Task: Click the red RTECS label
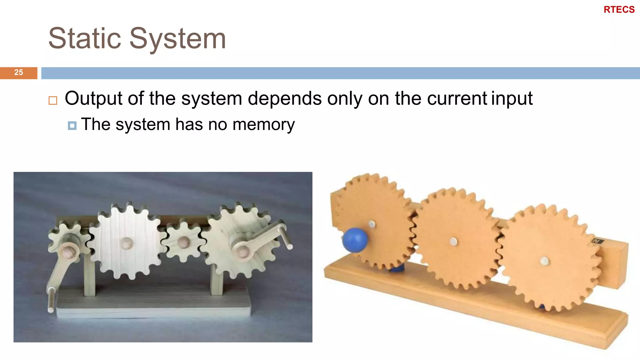click(x=619, y=10)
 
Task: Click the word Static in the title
click(x=85, y=38)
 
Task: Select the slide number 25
click(x=18, y=72)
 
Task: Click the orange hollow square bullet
click(x=53, y=100)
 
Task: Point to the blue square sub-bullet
click(x=72, y=126)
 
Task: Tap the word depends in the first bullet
click(x=284, y=98)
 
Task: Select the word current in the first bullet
click(x=457, y=98)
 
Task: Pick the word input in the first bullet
click(x=512, y=98)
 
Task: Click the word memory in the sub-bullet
click(x=263, y=124)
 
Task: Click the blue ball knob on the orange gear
click(x=355, y=240)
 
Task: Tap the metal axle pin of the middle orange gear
click(x=453, y=241)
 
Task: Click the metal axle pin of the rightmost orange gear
click(x=545, y=261)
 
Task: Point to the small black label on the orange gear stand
click(x=598, y=241)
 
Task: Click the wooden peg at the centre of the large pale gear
click(x=127, y=243)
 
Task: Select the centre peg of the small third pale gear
click(x=183, y=242)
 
